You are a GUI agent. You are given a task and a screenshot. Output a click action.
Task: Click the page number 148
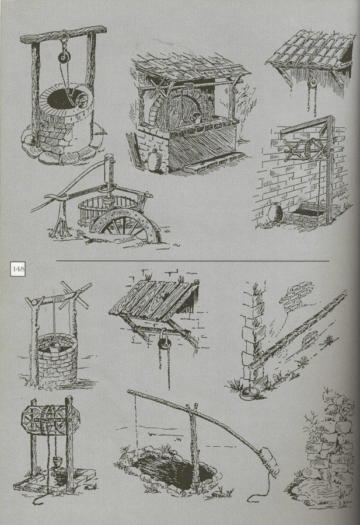coord(18,269)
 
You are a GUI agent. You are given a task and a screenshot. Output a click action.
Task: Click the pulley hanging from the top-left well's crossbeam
coord(64,57)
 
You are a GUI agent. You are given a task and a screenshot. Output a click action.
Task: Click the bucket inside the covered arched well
coord(196,117)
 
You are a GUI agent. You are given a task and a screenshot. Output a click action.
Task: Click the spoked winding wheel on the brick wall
coord(313,150)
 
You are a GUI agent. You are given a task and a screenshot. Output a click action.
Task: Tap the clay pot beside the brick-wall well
coord(275,213)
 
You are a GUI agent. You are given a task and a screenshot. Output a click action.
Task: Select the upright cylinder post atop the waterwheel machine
coord(109,169)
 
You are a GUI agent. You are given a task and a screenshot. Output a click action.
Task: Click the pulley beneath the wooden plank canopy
coord(164,344)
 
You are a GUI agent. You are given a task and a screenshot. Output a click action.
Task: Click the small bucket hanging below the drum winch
coord(57,461)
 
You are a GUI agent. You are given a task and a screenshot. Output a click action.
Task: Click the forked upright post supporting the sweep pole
coord(194,445)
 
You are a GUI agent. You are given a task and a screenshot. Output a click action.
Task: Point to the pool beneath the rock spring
coord(320,489)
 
